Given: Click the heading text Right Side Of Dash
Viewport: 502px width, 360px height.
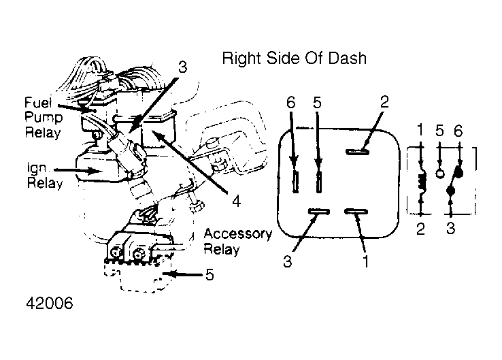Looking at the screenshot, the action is pyautogui.click(x=295, y=59).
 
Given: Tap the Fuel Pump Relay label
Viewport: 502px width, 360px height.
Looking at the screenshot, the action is pyautogui.click(x=43, y=118).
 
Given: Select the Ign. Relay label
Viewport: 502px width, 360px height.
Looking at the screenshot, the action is pyautogui.click(x=44, y=176).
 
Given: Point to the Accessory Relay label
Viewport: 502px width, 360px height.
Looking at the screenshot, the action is pyautogui.click(x=238, y=241).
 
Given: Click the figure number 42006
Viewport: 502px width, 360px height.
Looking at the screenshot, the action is pyautogui.click(x=50, y=303).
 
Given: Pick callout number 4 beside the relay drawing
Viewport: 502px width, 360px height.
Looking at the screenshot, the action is pyautogui.click(x=236, y=201).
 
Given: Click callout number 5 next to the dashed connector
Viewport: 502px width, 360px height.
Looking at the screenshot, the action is pyautogui.click(x=210, y=274).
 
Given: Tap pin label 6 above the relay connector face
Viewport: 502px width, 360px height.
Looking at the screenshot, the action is pyautogui.click(x=290, y=103).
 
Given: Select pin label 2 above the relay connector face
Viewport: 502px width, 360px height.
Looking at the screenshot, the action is pyautogui.click(x=384, y=102).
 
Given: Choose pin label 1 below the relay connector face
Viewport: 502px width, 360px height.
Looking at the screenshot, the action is pyautogui.click(x=365, y=261).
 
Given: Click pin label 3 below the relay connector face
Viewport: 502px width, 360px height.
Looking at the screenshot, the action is pyautogui.click(x=288, y=261).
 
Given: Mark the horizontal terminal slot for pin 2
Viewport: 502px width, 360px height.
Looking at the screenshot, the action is pyautogui.click(x=357, y=152).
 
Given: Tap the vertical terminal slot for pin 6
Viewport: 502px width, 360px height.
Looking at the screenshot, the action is pyautogui.click(x=296, y=182).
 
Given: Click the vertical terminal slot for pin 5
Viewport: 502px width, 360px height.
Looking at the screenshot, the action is pyautogui.click(x=318, y=182).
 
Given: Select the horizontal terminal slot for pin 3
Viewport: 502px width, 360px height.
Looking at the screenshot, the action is pyautogui.click(x=319, y=212).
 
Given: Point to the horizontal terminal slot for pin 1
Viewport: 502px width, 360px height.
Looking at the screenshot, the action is pyautogui.click(x=356, y=212).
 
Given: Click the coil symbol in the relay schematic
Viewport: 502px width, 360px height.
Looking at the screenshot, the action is pyautogui.click(x=422, y=182).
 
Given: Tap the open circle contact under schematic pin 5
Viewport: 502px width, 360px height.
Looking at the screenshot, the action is pyautogui.click(x=440, y=174).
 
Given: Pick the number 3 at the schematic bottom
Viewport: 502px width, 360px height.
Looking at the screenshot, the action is pyautogui.click(x=451, y=229).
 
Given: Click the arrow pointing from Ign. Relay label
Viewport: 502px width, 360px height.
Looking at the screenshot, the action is pyautogui.click(x=78, y=170).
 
